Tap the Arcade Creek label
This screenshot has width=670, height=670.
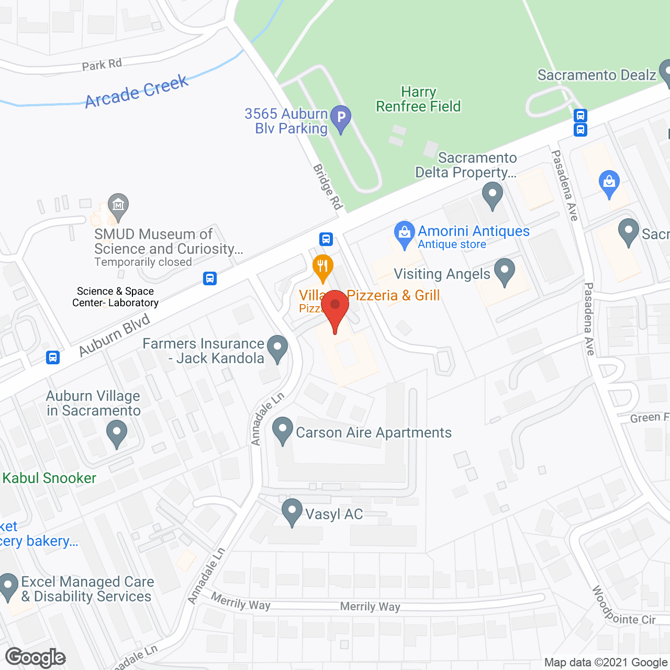point(137,91)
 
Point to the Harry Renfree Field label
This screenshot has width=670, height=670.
point(418,99)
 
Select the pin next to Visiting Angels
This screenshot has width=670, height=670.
point(505,271)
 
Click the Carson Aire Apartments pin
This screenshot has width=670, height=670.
point(283,430)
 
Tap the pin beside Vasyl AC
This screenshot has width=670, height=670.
point(292,511)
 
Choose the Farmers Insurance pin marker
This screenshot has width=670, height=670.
point(277,347)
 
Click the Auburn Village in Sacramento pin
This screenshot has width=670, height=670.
point(116,434)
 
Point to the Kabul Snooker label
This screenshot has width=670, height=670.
point(49,478)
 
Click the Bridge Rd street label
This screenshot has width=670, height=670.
point(328,187)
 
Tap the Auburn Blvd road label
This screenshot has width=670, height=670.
point(115,336)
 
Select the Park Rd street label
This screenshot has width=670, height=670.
point(102,65)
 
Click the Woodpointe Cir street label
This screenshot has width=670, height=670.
point(623,607)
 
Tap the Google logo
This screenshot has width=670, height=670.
point(36,657)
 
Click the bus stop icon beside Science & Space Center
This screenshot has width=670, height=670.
point(210,278)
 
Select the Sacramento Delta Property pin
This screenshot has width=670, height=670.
point(492,195)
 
